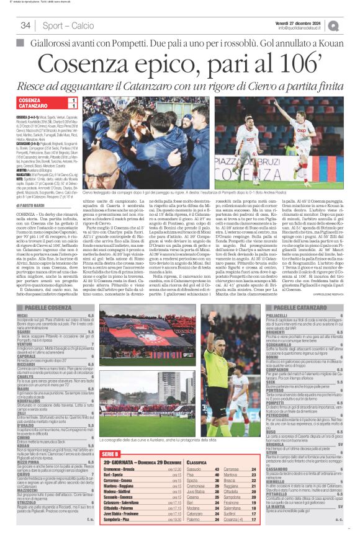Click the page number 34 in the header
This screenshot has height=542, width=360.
click(x=25, y=25)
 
